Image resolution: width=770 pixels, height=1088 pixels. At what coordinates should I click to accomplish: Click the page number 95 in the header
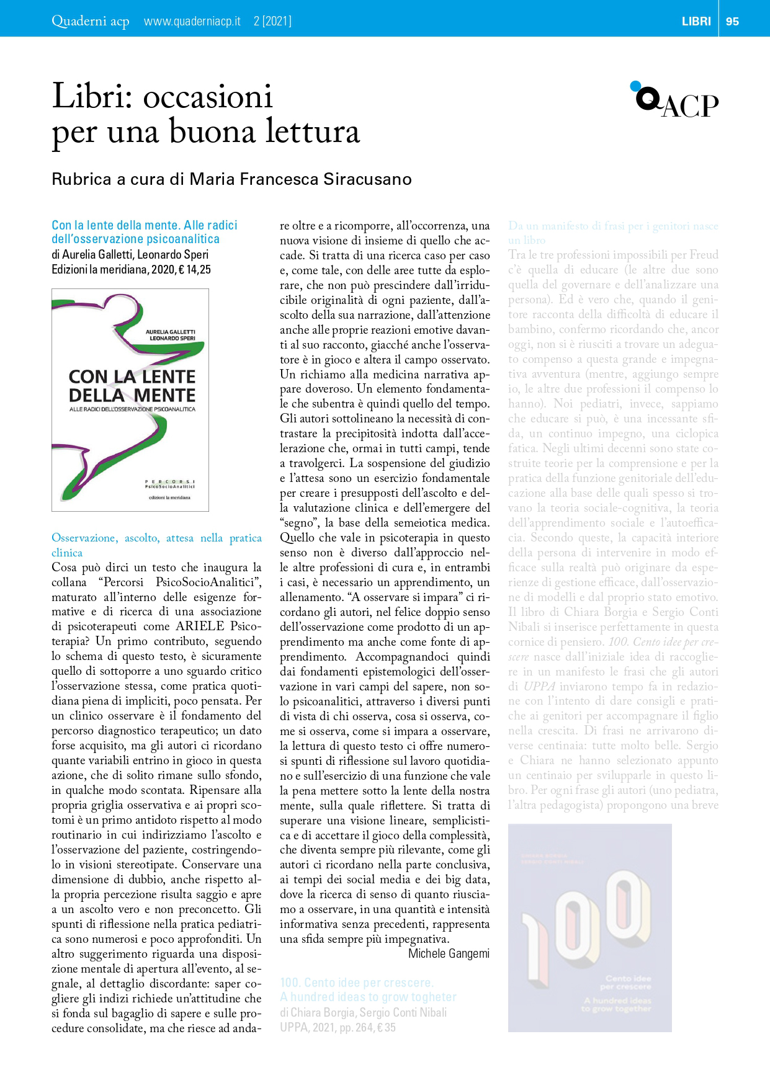point(732,21)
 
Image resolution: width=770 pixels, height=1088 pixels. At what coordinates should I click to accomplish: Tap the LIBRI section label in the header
point(696,21)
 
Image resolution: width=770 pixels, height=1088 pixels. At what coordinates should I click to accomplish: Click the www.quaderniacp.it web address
point(192,21)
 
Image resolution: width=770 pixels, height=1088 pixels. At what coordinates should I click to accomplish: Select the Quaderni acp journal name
point(91,21)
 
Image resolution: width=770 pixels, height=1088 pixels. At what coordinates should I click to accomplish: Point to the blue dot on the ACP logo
point(635,86)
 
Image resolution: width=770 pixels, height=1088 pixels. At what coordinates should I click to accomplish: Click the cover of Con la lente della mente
point(130,400)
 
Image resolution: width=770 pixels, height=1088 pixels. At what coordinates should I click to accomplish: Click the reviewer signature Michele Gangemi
point(449,953)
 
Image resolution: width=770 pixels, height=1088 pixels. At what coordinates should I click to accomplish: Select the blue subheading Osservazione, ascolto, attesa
point(156,538)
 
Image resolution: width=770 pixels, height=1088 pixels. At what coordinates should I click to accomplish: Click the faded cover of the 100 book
point(589,927)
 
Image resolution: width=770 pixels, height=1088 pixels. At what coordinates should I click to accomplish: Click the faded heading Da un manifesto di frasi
point(613,226)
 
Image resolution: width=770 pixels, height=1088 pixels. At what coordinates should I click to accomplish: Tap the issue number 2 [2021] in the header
point(272,21)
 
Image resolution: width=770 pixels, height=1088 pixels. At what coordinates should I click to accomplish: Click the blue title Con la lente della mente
point(145,225)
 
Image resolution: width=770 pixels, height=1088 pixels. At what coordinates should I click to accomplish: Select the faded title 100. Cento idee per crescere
point(357,983)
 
